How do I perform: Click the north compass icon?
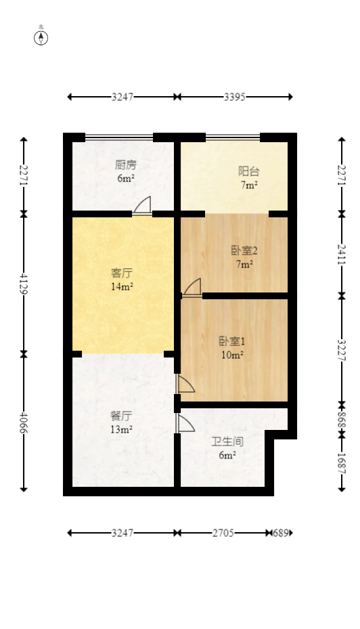[x=41, y=37]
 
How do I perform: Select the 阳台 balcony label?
[x=248, y=171]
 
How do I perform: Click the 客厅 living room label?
[x=122, y=274]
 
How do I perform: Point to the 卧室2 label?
[x=244, y=251]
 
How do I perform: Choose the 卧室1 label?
[x=231, y=341]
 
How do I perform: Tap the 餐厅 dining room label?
[x=121, y=416]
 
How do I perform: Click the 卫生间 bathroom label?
[x=227, y=441]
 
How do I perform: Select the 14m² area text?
[x=122, y=286]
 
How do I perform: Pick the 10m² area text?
[x=231, y=354]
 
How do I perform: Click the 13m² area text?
[x=121, y=429]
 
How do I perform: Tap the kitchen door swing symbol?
[x=143, y=205]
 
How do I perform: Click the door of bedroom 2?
[x=192, y=288]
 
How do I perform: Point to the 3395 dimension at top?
[x=234, y=97]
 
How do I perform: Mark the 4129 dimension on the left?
[x=24, y=283]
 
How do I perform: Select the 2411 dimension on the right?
[x=342, y=255]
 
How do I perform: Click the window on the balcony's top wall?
[x=233, y=137]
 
